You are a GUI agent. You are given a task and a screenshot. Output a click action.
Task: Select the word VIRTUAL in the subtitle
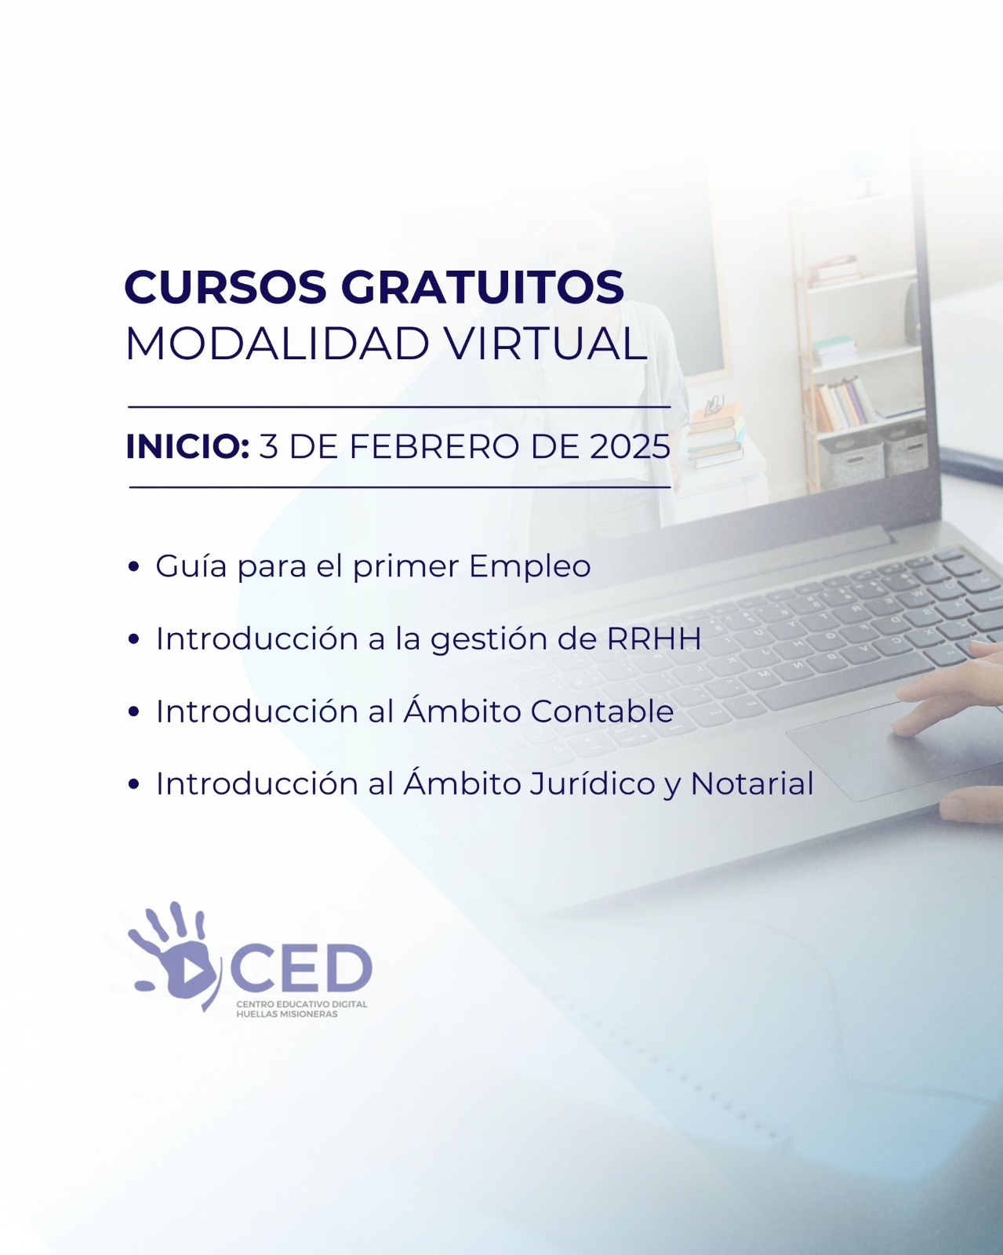[547, 344]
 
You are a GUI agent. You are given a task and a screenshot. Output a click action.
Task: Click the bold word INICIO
[187, 447]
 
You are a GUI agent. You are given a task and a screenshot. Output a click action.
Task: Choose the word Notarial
[752, 784]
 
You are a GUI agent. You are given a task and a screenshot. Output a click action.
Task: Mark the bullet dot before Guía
[134, 567]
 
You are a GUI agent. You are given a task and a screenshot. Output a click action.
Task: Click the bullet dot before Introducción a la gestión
[134, 640]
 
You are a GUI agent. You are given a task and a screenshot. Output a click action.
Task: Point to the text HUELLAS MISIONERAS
[287, 1014]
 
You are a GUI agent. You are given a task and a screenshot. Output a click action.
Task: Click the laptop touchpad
[892, 752]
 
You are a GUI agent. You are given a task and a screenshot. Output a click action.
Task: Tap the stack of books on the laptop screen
[716, 436]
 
